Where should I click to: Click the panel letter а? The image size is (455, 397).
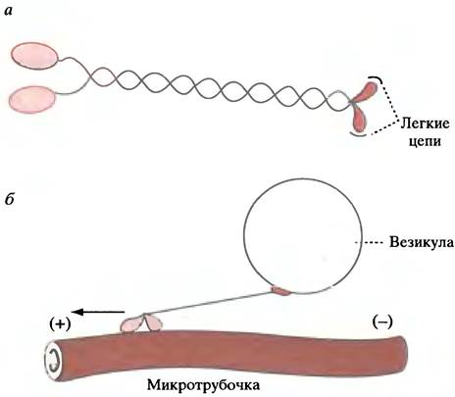[8, 12]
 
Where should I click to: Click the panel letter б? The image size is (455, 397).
[9, 198]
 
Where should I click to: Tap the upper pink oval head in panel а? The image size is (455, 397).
[35, 56]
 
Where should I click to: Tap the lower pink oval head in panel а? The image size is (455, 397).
[32, 99]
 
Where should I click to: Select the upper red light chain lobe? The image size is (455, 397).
[365, 92]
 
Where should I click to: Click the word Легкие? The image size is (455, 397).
[425, 124]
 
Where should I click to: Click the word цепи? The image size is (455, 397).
[426, 141]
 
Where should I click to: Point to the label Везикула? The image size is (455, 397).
[422, 242]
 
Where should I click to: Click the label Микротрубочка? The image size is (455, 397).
[203, 385]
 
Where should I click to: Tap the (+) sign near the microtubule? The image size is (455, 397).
[60, 324]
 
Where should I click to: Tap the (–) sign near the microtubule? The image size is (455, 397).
[382, 322]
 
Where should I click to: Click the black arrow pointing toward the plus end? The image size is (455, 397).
[98, 312]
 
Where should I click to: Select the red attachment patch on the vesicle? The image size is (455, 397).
[281, 290]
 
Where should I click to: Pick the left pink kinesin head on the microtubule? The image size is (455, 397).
[131, 324]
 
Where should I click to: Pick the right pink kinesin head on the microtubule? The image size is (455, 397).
[153, 323]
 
